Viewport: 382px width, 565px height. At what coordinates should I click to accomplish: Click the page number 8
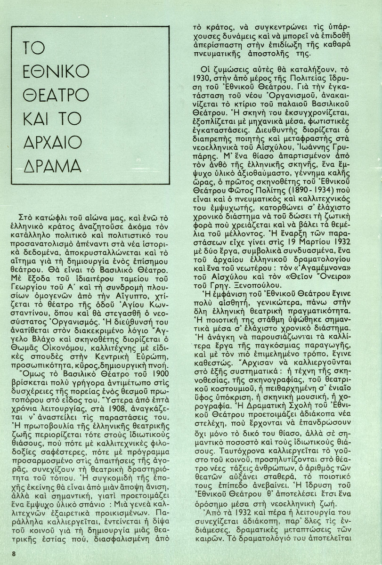(15, 554)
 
